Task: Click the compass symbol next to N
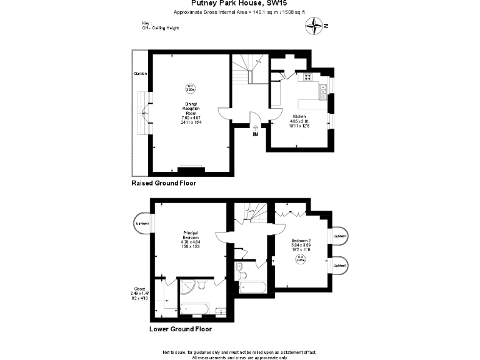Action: tap(314, 26)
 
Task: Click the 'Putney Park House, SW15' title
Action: tap(240, 3)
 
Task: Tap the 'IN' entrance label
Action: tap(255, 134)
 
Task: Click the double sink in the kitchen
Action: tap(324, 91)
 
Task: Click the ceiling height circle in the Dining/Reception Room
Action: tap(192, 88)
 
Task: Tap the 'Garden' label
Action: tap(140, 74)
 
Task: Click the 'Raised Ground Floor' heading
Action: tap(164, 184)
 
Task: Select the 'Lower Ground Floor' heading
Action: tap(180, 329)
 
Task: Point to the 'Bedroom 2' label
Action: tap(301, 241)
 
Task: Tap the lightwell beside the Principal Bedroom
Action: tap(143, 223)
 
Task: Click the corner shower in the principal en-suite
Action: tap(187, 288)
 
